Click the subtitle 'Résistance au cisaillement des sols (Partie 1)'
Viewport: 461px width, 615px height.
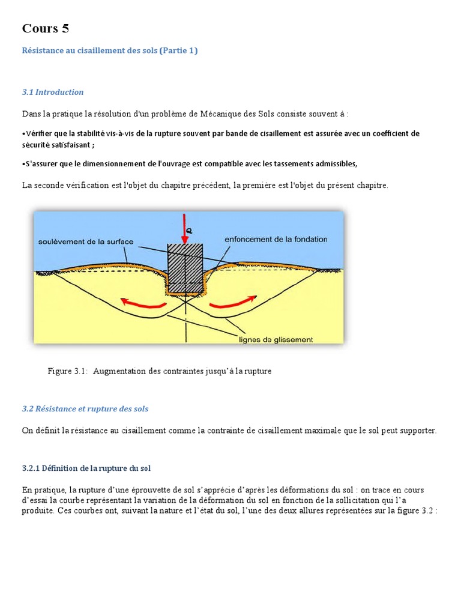[x=110, y=51]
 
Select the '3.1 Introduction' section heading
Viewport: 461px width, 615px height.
[x=53, y=92]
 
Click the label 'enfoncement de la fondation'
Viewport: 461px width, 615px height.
[x=276, y=239]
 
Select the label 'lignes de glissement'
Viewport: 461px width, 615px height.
[x=276, y=339]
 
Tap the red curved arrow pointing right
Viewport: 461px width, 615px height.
[x=234, y=301]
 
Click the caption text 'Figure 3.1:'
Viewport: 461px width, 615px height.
[x=68, y=371]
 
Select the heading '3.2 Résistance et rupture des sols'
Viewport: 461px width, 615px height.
[x=85, y=409]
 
